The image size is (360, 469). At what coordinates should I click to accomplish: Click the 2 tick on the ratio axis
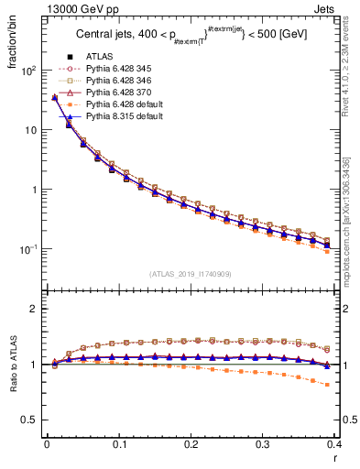37,309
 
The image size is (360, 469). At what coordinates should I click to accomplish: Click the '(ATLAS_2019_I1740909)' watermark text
189,273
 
